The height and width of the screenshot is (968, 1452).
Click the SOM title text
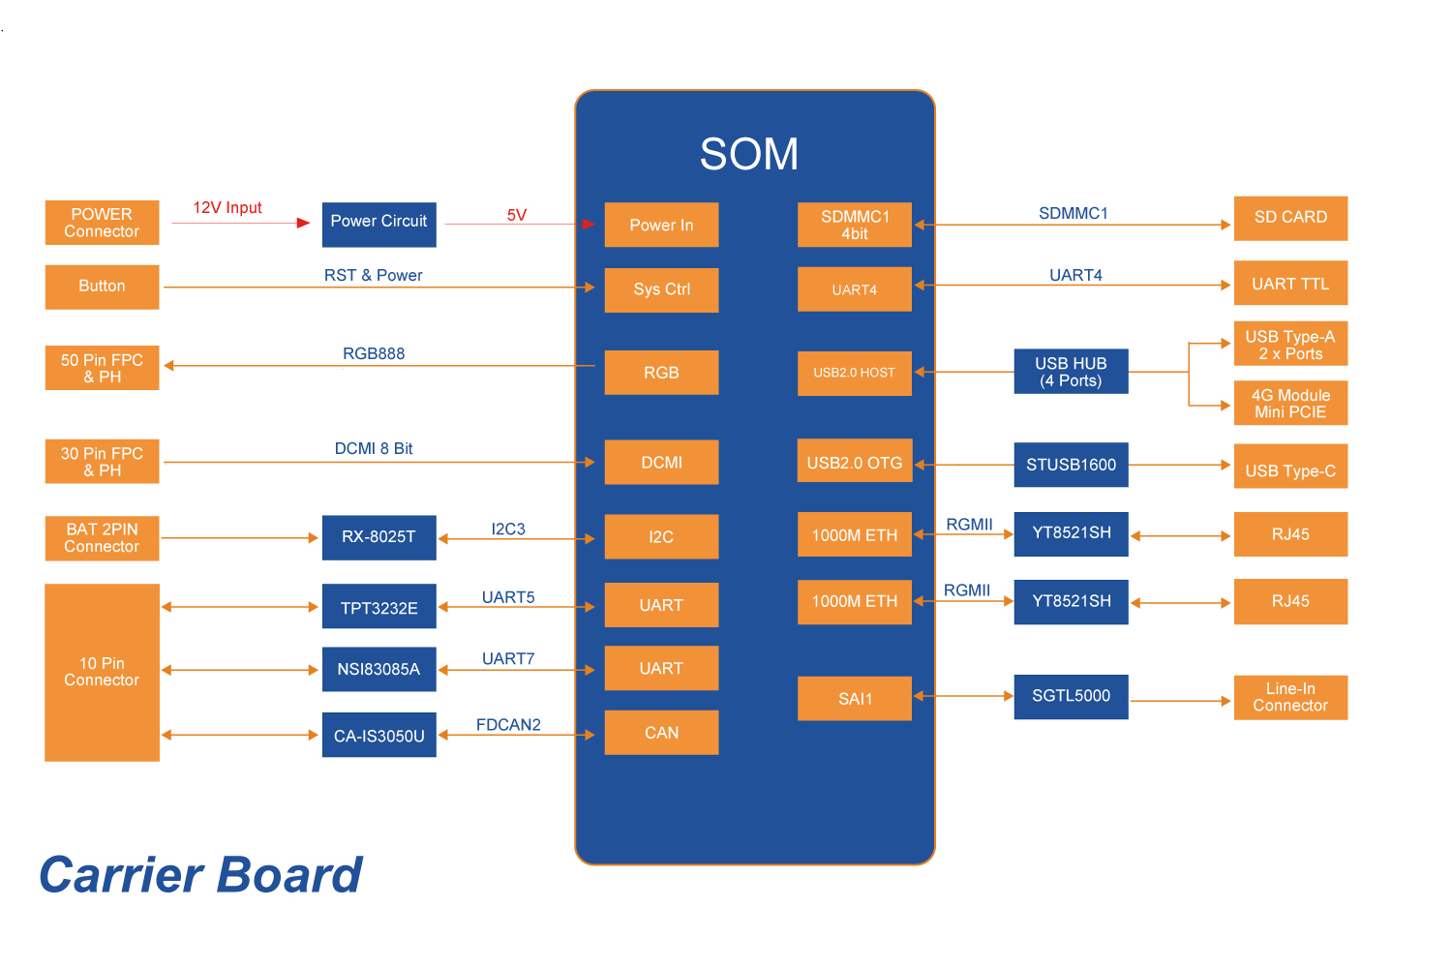[748, 154]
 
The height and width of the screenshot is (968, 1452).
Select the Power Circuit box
[378, 224]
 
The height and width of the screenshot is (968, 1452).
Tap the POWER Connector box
[102, 223]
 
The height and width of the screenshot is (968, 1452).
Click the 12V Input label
[227, 208]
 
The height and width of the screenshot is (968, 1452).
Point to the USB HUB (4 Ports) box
[1071, 372]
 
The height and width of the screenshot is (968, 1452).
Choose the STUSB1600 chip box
[1071, 465]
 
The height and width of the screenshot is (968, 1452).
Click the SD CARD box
[1290, 218]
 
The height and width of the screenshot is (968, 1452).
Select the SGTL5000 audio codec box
[1071, 696]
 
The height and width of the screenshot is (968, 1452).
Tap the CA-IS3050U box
[378, 736]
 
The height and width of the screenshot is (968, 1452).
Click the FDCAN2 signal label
[508, 725]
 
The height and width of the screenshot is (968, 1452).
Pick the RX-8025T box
[378, 537]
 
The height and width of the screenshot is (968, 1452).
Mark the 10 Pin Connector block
[102, 672]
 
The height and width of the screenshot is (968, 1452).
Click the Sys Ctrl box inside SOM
[661, 289]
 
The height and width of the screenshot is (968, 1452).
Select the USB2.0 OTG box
[854, 463]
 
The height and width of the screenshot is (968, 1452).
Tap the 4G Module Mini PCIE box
[1290, 404]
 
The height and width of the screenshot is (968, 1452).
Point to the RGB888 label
[374, 354]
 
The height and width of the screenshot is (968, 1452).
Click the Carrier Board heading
[200, 875]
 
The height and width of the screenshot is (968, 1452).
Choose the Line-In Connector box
[1290, 697]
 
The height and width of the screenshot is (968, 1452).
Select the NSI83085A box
[378, 669]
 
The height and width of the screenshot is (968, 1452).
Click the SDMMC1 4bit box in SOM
[854, 225]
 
